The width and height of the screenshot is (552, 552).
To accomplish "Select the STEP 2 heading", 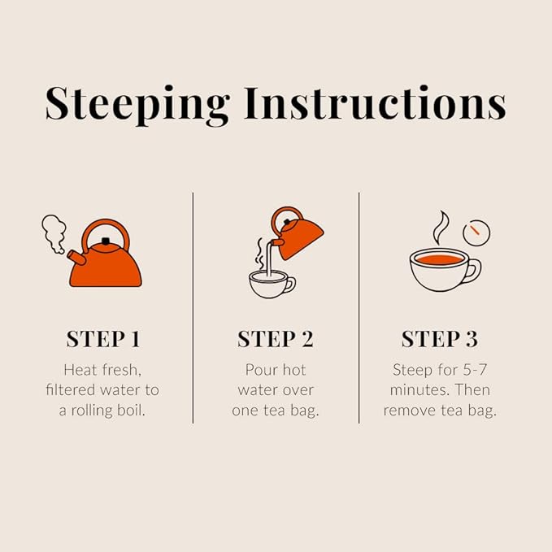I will coord(275,338).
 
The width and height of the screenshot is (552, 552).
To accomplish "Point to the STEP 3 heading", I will coord(439,338).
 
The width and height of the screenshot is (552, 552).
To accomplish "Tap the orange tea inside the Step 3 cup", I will coord(436,259).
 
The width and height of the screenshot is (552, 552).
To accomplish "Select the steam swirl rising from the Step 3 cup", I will coord(440,228).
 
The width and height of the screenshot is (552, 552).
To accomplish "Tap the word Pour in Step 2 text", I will coord(262,370).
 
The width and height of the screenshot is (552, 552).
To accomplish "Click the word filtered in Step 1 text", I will coord(72,390).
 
